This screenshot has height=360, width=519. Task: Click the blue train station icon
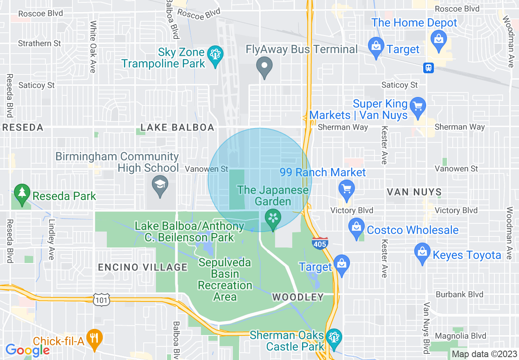click(x=429, y=67)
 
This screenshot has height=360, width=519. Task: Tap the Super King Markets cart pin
click(x=417, y=106)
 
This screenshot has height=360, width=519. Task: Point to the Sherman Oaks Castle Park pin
click(x=334, y=338)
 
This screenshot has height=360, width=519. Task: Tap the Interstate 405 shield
click(x=319, y=243)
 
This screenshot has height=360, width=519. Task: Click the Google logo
click(x=27, y=350)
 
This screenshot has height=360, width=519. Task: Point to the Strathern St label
click(x=40, y=43)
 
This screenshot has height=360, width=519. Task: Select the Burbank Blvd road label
click(x=459, y=295)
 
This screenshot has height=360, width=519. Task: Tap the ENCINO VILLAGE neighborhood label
click(x=142, y=268)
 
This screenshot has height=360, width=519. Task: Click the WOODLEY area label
click(x=298, y=297)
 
